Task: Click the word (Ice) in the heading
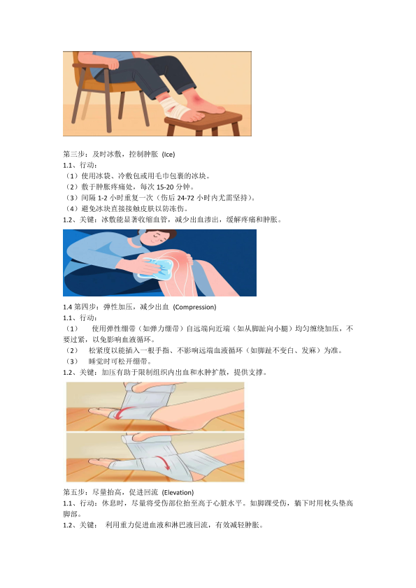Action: (x=168, y=154)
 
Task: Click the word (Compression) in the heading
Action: (x=194, y=307)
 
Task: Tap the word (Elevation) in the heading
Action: (x=178, y=492)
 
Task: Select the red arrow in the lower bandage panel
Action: (x=163, y=462)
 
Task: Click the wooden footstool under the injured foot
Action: (x=203, y=123)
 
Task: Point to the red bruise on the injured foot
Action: (x=198, y=99)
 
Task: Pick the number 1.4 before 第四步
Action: (x=67, y=307)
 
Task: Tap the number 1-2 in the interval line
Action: (x=103, y=198)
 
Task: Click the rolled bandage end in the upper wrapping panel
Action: (x=173, y=388)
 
